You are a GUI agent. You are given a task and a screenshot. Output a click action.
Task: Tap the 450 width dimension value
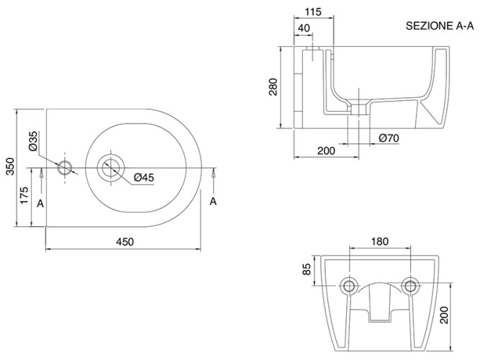[x=125, y=242]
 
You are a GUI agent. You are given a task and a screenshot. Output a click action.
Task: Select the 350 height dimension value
[x=9, y=168]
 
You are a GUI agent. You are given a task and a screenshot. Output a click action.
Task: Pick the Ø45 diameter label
[x=145, y=177]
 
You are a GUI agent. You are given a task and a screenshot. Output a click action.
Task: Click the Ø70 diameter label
[x=389, y=138]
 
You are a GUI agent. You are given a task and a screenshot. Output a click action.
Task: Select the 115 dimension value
[x=312, y=12]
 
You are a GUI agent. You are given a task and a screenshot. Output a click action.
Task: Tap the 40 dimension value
[x=303, y=28]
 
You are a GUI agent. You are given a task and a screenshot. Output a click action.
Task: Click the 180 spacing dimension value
[x=380, y=242]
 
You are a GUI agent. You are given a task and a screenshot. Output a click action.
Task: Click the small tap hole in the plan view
[x=65, y=168]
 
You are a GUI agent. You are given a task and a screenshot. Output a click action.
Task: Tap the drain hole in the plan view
[x=110, y=167]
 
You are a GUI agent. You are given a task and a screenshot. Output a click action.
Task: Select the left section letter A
[x=41, y=203]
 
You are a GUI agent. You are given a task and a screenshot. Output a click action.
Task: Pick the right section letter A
[x=213, y=201]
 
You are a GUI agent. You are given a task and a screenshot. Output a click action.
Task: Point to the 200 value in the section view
[x=325, y=150]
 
